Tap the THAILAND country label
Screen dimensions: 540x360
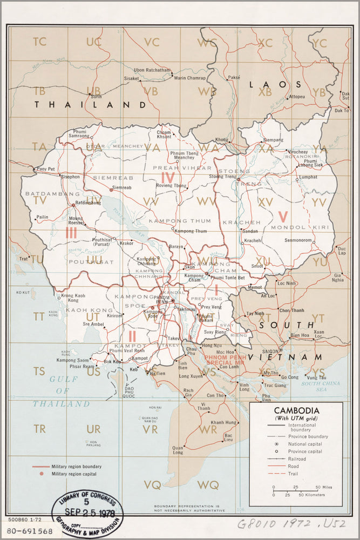[x=90, y=104]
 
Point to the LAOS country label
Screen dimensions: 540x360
[x=275, y=84]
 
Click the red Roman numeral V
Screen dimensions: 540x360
[x=283, y=217]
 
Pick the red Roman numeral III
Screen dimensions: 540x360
[x=71, y=233]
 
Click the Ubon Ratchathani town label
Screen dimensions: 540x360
[x=152, y=70]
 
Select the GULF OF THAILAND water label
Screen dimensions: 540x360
[x=61, y=391]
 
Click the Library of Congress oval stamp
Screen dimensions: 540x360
[x=87, y=509]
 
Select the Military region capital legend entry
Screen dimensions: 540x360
[x=76, y=474]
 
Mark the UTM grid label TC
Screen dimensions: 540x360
[x=39, y=41]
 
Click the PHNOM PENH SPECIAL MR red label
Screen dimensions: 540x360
[x=226, y=359]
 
